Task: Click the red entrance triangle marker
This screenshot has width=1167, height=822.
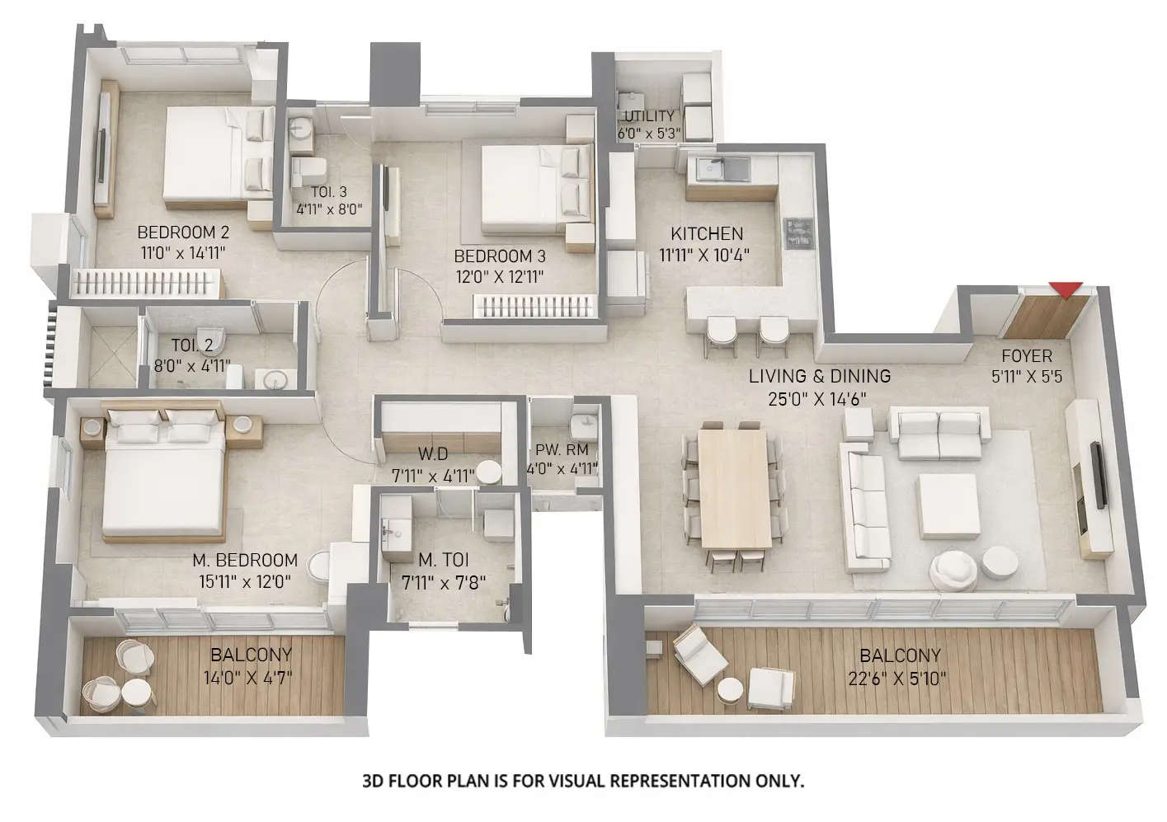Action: tap(1066, 289)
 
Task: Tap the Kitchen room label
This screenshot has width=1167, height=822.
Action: tap(706, 233)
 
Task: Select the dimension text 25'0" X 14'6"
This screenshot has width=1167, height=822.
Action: tap(819, 398)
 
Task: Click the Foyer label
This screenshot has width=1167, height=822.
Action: tap(1026, 356)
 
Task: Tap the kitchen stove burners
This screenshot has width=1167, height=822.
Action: tap(798, 232)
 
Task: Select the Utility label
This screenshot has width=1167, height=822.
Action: tap(649, 115)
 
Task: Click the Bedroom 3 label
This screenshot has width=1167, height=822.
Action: tap(499, 256)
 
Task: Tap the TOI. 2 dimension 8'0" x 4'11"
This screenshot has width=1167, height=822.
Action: tap(191, 365)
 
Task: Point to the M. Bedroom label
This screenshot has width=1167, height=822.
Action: tap(244, 560)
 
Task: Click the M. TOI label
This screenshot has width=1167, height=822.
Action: tap(443, 561)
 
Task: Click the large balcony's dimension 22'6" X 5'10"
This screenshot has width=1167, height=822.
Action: tap(900, 679)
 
